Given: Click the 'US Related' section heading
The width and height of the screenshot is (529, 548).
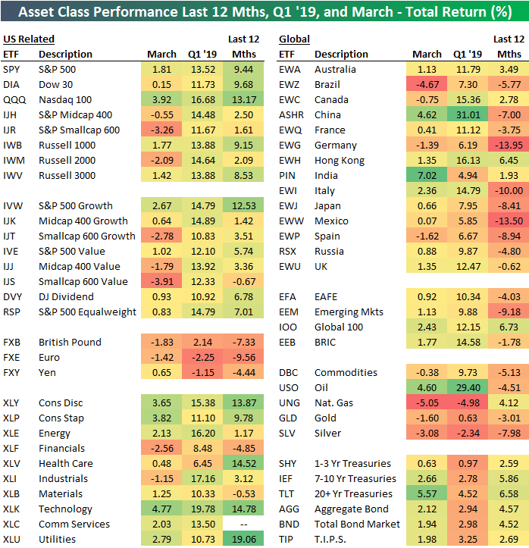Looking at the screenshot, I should click(x=29, y=39).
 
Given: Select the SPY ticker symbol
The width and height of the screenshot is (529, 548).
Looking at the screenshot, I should click(x=11, y=69).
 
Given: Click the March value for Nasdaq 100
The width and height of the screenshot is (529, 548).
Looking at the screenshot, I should click(x=160, y=99).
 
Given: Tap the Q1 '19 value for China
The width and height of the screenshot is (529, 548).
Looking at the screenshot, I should click(x=468, y=114).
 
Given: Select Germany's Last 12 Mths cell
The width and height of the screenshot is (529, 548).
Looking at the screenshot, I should click(x=508, y=145).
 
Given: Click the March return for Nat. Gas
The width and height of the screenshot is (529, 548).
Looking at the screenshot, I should click(x=427, y=402).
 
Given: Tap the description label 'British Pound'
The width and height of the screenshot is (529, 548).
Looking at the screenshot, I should click(x=70, y=342).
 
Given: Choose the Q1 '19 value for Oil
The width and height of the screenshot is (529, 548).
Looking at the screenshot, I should click(x=468, y=387).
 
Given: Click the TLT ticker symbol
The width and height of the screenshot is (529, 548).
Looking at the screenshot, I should click(x=287, y=493).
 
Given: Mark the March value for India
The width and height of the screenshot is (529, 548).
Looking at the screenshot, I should click(x=427, y=175).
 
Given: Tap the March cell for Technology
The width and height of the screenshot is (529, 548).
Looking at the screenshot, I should click(x=160, y=509).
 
